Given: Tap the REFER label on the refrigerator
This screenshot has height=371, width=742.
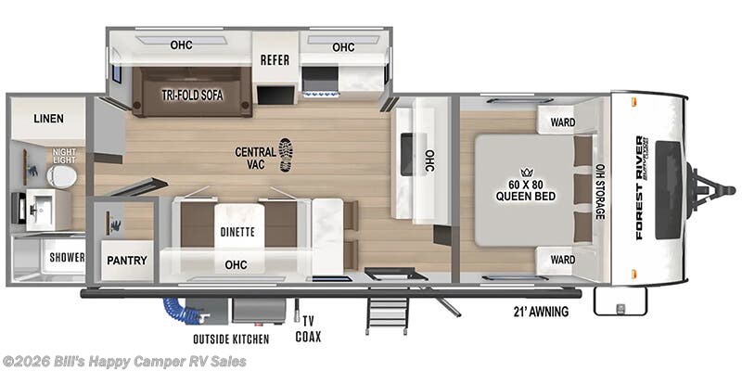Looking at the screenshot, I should tap(275, 60).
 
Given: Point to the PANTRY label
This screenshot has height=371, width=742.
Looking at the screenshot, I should tap(126, 260).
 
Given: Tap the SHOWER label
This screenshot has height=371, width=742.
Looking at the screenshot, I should tap(67, 257).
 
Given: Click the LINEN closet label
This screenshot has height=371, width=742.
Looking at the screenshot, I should tap(47, 119).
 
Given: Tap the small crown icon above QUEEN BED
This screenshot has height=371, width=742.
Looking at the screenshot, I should tap(526, 172).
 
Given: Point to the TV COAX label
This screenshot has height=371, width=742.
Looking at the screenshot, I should tap(308, 329).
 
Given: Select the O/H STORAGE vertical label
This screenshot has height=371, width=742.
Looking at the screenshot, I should tap(600, 191).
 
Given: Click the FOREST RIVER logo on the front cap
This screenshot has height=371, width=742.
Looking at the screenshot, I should tap(641, 187).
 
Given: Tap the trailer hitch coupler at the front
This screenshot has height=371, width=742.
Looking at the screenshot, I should tap(713, 189).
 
